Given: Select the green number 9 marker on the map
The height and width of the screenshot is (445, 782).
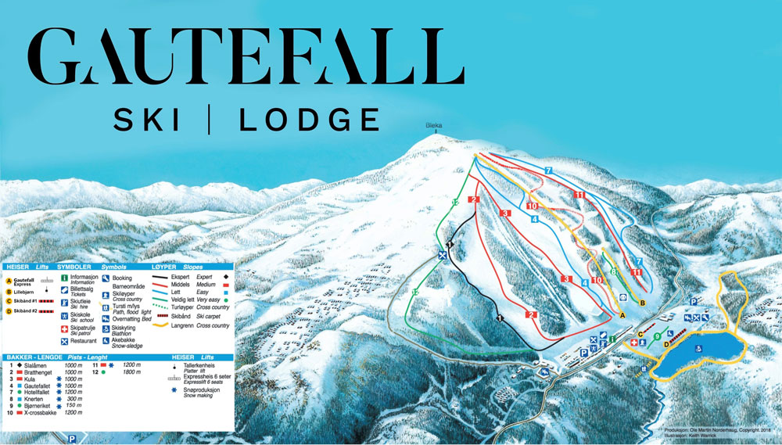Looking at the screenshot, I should point(657,336).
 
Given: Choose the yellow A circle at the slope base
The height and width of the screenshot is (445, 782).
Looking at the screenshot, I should point(623,314).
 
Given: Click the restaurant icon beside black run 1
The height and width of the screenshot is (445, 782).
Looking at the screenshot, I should point(443,256).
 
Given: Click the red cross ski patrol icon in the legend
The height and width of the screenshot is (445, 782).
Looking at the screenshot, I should point(63,329).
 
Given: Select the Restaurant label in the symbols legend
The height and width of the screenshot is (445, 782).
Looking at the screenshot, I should point(83,341).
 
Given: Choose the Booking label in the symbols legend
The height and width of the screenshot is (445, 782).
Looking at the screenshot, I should point(123,278).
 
